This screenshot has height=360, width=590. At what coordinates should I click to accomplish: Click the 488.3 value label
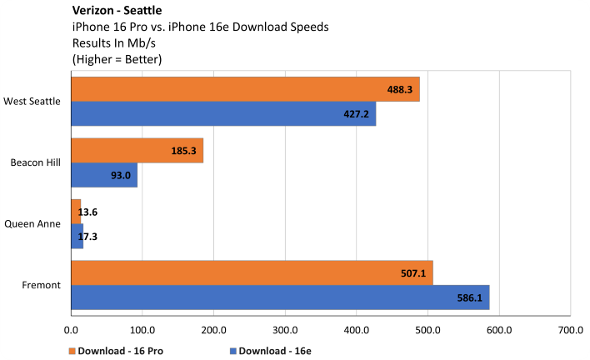coord(402,89)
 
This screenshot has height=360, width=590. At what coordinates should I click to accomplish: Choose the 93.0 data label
coord(119,175)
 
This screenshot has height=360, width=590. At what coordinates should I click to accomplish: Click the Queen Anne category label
coord(32,224)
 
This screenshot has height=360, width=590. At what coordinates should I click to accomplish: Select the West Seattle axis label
coord(32,102)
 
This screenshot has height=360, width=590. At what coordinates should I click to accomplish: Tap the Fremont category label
coord(42,285)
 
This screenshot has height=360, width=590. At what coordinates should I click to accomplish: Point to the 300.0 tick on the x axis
coord(285,328)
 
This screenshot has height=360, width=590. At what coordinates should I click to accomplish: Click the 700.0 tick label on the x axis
coord(570,328)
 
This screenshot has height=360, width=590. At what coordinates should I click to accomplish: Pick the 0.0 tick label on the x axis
coord(72,328)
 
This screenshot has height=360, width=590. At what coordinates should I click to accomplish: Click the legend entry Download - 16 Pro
coord(121,350)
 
